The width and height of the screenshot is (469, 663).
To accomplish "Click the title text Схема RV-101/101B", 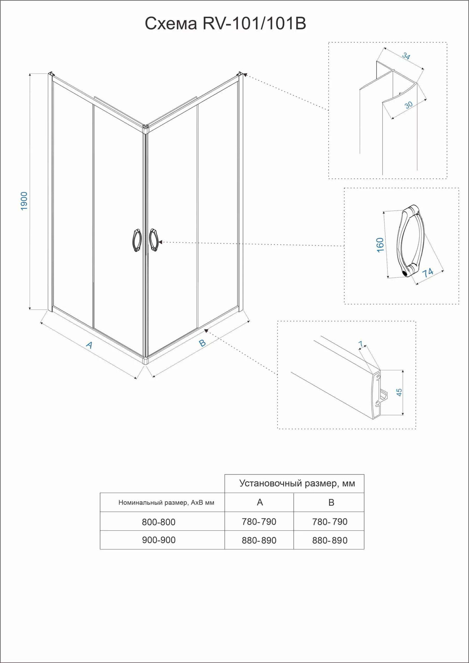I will click(225, 23).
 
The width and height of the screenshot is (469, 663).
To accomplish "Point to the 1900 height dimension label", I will click(24, 201).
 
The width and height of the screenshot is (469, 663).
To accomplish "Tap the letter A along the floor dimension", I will click(89, 345).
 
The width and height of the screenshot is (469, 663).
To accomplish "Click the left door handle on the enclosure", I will click(137, 240).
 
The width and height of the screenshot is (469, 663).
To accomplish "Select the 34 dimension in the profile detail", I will click(406, 56).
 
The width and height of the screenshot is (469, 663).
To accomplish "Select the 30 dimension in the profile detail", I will click(408, 105).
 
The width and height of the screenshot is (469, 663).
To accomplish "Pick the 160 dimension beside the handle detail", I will click(380, 245).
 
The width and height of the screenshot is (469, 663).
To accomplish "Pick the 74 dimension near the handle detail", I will click(428, 272).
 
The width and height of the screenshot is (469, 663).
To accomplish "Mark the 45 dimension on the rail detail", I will click(399, 392).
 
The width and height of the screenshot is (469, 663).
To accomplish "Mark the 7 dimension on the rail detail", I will click(361, 344).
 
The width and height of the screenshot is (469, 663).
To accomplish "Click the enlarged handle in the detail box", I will click(410, 241).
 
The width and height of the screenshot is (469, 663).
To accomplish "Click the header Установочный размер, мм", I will click(297, 483).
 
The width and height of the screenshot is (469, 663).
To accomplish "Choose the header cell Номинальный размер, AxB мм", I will click(166, 503).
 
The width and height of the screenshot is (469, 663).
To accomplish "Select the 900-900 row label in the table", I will click(158, 540).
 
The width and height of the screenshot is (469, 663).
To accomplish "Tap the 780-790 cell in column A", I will click(259, 522).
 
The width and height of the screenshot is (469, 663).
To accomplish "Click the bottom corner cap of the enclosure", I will click(146, 361).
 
